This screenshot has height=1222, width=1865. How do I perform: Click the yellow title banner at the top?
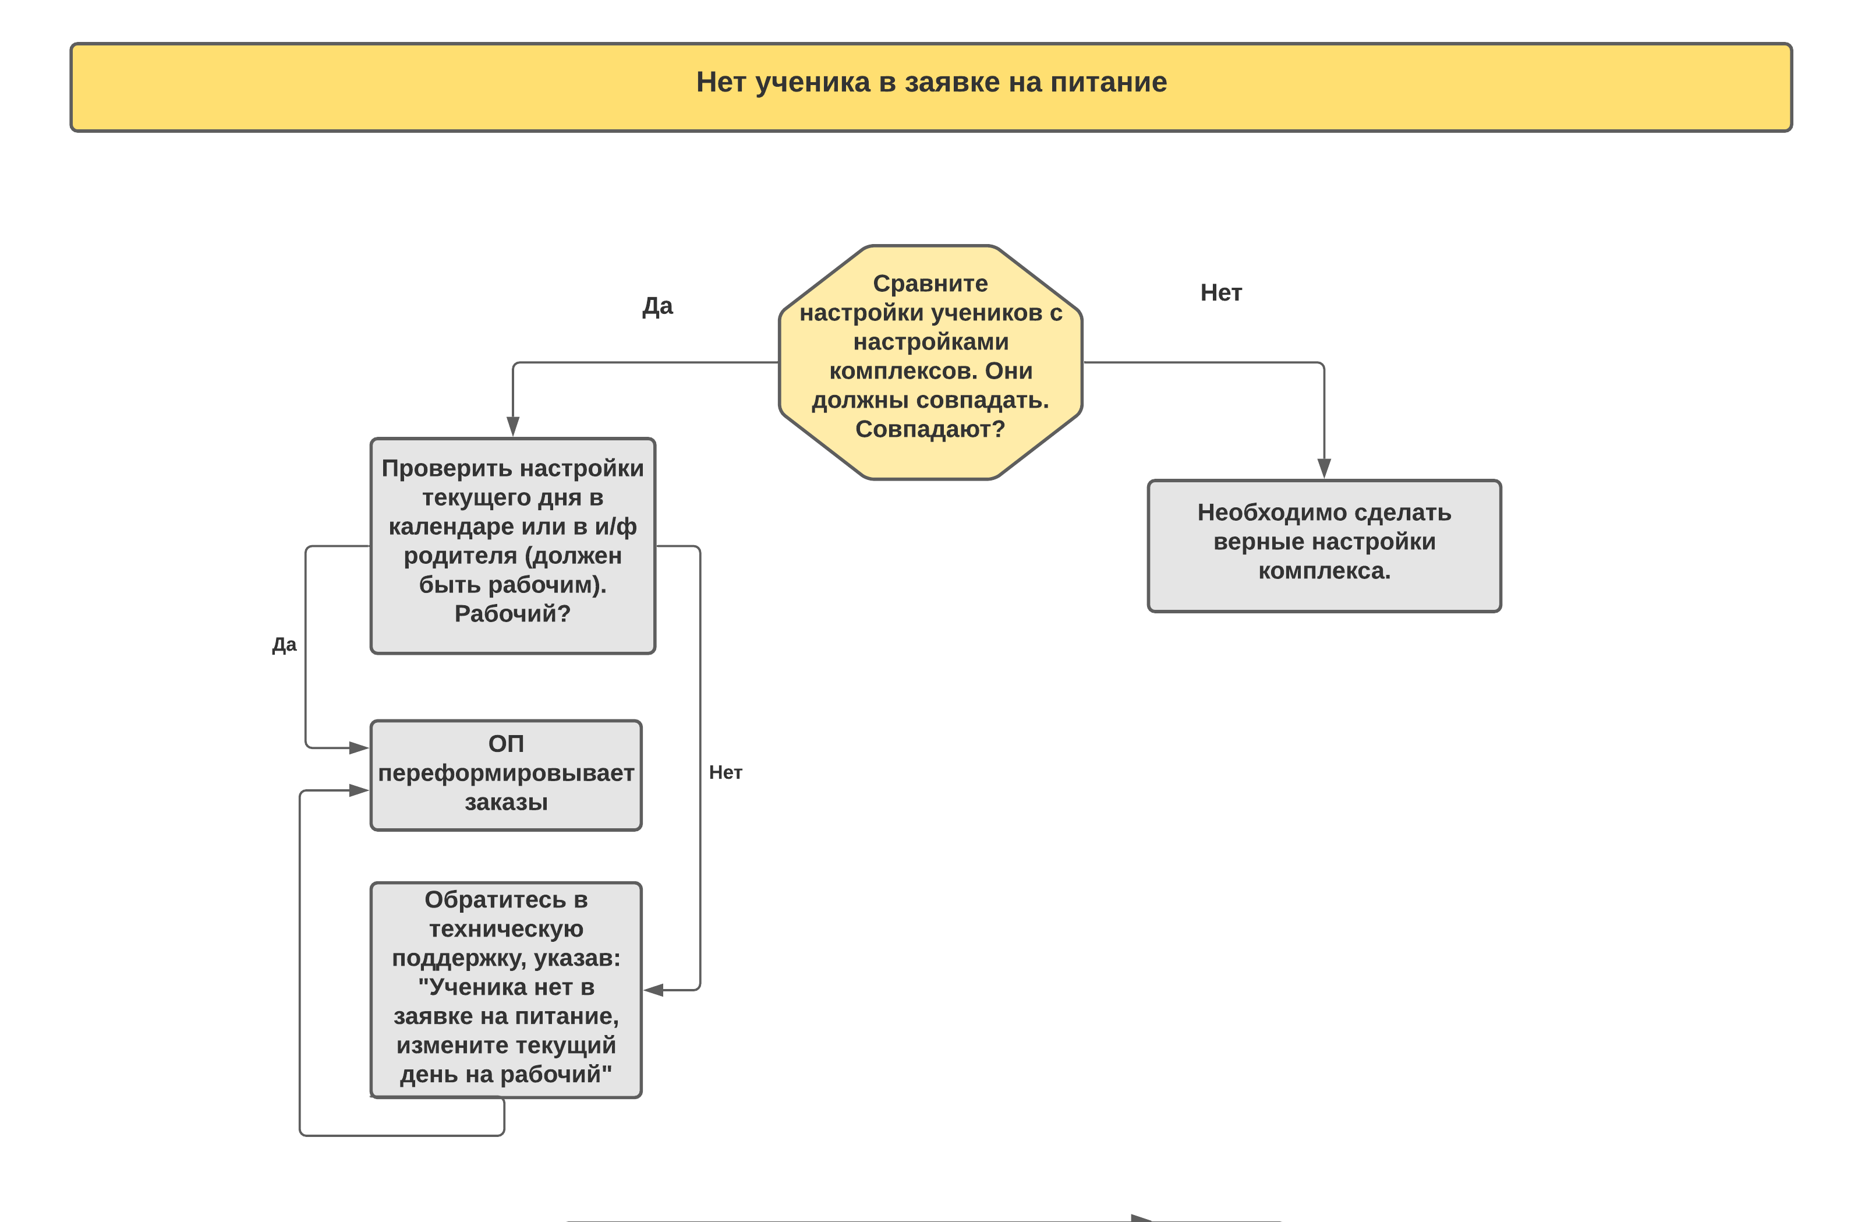point(931,87)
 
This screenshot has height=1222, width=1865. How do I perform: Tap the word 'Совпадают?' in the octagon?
point(930,429)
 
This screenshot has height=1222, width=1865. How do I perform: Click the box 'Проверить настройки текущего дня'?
point(512,546)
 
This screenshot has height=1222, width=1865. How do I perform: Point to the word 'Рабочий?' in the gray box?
point(512,613)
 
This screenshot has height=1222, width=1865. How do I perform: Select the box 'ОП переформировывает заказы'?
point(506,775)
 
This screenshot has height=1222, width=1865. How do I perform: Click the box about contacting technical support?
point(506,990)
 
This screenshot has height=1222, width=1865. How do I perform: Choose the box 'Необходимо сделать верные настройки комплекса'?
point(1324,546)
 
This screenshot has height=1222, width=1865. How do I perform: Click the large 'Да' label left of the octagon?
point(657,306)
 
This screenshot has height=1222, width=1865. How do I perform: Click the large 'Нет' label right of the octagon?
point(1221,292)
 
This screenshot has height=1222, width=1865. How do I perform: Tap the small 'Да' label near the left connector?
point(285,644)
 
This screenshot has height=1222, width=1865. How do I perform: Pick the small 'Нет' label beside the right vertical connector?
point(726,772)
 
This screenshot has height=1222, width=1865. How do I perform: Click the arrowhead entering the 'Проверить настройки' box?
point(513,426)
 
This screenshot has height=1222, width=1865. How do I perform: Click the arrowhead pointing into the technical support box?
point(653,990)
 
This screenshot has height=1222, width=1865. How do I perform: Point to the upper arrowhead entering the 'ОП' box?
point(359,748)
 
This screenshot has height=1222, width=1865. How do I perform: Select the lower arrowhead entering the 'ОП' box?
point(359,790)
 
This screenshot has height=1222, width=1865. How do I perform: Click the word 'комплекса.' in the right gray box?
point(1324,571)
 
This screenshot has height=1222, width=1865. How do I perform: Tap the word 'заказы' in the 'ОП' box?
point(506,802)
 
